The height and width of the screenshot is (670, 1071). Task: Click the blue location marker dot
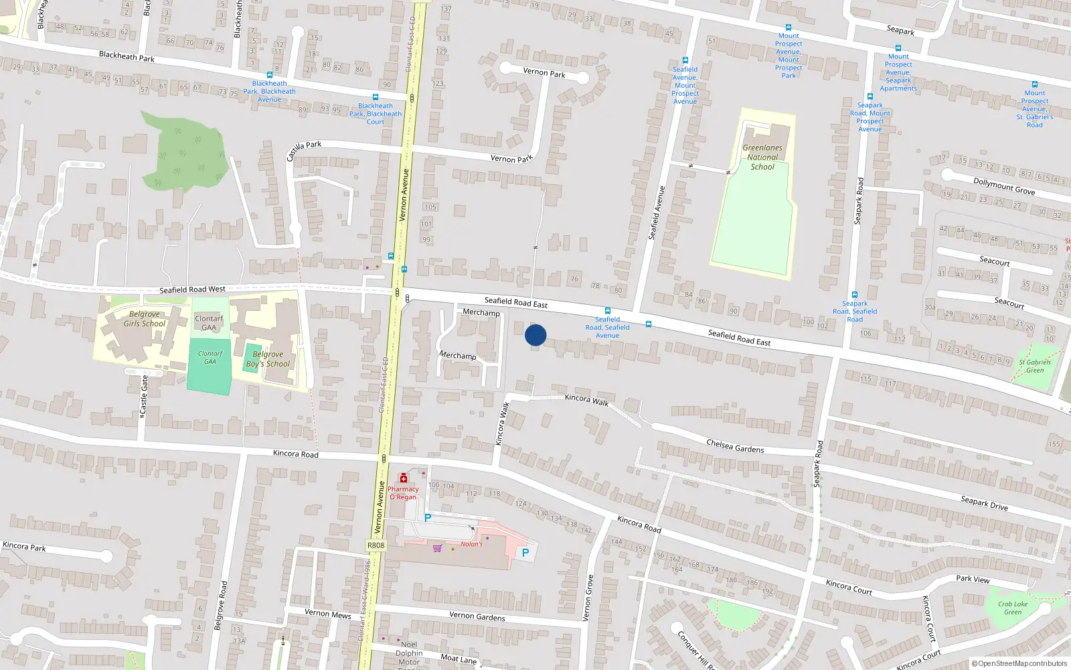535,335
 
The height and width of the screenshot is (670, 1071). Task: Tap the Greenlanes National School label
762,157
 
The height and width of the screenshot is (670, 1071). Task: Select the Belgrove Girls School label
144,319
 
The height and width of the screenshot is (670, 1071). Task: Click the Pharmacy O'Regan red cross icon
404,478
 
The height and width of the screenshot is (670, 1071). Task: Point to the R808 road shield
376,545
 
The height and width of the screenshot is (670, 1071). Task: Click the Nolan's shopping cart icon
438,548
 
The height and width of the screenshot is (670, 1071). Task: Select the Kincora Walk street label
586,399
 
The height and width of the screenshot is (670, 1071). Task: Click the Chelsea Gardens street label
735,446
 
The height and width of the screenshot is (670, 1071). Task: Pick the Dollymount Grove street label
1003,186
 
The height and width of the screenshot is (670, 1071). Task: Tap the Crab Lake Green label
1013,608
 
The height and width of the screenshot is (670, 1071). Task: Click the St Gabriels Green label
1035,366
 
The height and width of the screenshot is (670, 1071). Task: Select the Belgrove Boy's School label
268,359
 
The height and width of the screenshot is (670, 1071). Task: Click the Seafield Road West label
192,289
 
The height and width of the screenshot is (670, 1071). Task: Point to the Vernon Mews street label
327,614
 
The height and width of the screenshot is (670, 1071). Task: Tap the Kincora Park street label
24,547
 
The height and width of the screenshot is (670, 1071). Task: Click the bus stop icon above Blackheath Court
376,97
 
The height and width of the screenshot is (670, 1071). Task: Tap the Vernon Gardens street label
477,616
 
